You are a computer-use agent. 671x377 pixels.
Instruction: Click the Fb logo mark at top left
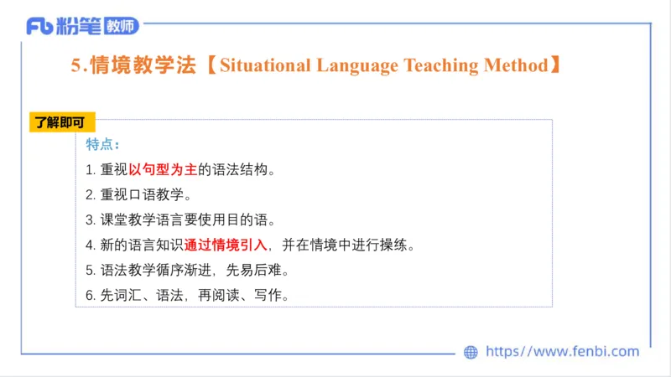(40, 27)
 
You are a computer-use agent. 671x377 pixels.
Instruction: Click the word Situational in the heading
(263, 65)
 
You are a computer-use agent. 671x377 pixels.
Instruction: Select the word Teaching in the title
(445, 65)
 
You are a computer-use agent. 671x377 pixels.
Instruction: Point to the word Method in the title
(518, 65)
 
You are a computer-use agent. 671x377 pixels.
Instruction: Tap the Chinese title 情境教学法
(143, 65)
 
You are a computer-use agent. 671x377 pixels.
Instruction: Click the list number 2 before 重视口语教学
(90, 195)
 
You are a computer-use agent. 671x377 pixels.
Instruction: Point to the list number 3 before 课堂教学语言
(90, 220)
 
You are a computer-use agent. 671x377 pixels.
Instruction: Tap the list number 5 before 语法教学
(90, 271)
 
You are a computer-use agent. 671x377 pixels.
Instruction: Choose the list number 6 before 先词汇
(90, 296)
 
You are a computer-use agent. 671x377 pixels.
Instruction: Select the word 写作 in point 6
(271, 296)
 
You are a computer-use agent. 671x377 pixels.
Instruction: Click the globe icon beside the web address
(471, 352)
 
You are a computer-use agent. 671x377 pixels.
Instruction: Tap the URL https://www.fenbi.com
(563, 352)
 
